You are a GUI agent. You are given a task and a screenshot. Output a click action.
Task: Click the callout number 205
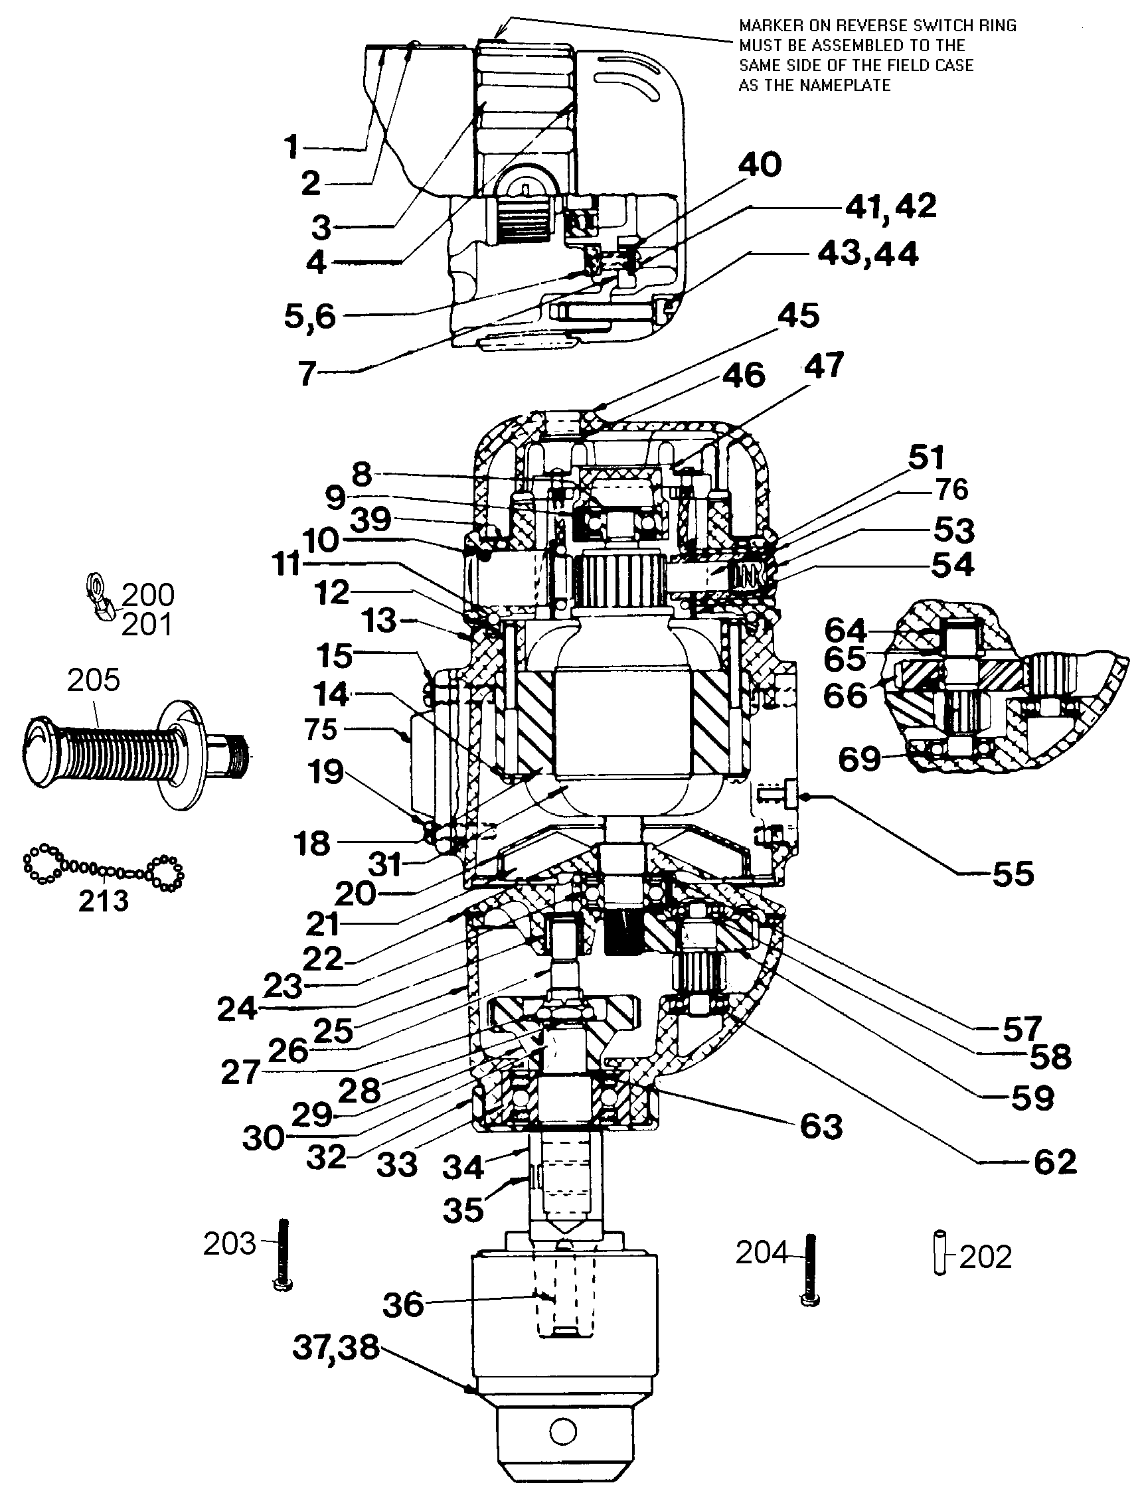click(93, 680)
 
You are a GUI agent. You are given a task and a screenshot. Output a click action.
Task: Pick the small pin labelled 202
click(941, 1252)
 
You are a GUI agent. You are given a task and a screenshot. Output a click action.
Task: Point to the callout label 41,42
click(890, 206)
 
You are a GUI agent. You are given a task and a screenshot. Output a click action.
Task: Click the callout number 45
click(798, 315)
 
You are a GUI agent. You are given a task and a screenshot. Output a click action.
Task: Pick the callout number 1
click(291, 147)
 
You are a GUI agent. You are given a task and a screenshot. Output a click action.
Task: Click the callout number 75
click(321, 729)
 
